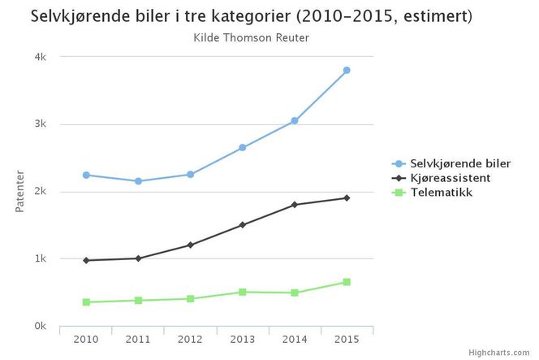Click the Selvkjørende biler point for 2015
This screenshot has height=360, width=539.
pos(347,71)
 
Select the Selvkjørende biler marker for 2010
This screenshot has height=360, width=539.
pos(86,175)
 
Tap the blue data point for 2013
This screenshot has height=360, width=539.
pos(243,147)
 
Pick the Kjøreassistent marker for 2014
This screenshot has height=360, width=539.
pos(295,205)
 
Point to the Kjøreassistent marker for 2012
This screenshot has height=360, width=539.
pos(191,245)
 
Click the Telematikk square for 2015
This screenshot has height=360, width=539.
pos(347,282)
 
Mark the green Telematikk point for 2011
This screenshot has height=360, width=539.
pos(139,301)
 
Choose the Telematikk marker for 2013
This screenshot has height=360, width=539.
pos(243,292)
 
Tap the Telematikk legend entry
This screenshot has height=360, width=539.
pos(441,193)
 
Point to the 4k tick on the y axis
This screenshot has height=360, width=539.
pos(40,57)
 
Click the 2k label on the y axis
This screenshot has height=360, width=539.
pos(40,192)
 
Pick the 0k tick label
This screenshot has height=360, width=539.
pos(40,326)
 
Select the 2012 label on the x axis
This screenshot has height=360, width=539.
pos(191,338)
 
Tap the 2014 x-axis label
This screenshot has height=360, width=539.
pos(295,338)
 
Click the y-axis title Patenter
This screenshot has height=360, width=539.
pos(20,192)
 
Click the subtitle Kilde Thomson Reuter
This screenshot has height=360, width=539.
pos(252,37)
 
